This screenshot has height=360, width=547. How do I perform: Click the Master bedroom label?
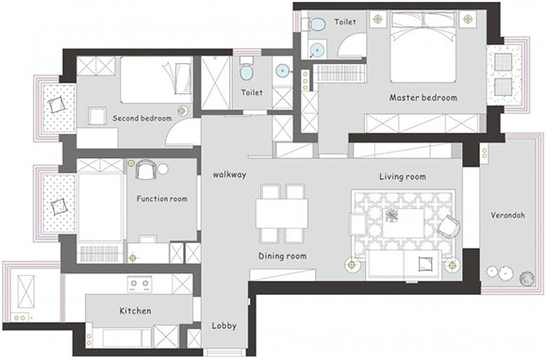[423, 98]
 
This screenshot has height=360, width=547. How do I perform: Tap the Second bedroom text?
[142, 118]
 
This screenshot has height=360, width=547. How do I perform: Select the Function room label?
[162, 199]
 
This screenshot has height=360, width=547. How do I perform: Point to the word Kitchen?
[136, 311]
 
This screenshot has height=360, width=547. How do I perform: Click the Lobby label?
[224, 326]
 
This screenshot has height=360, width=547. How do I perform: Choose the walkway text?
[229, 174]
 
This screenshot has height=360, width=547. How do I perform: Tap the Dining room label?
[283, 256]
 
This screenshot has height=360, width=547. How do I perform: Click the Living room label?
[403, 176]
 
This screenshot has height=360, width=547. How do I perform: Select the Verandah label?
[507, 215]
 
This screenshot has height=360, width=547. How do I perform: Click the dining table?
[282, 213]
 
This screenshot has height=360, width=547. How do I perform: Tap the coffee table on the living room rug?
[404, 223]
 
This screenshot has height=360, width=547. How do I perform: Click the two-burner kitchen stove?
[140, 285]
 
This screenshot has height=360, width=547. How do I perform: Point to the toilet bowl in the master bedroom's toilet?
[317, 24]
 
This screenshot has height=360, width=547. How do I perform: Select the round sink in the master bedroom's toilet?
[318, 50]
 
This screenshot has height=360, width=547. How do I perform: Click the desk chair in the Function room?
[145, 170]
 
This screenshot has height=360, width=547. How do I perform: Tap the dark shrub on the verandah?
[527, 278]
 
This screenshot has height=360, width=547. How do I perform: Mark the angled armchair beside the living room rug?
[449, 226]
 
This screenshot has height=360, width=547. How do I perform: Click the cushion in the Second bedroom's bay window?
[57, 105]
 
